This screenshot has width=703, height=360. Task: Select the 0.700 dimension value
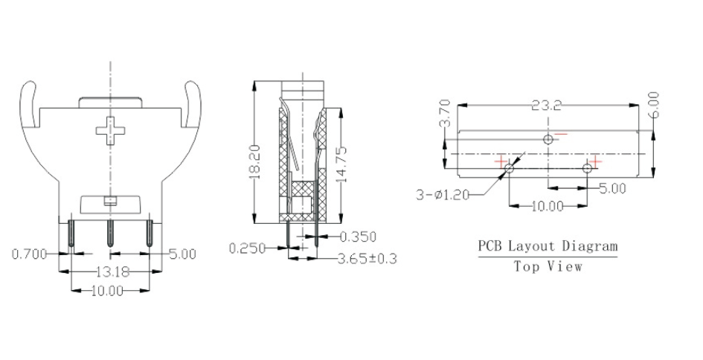point(31,254)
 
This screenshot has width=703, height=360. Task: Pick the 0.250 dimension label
point(248,248)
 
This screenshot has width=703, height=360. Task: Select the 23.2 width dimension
point(547,106)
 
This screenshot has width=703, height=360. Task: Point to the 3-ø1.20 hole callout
point(443,195)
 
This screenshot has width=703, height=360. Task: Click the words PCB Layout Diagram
point(547,246)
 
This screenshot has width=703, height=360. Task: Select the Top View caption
point(548,266)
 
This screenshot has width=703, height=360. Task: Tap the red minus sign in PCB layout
point(561,135)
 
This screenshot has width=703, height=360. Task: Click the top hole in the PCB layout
point(548,139)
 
